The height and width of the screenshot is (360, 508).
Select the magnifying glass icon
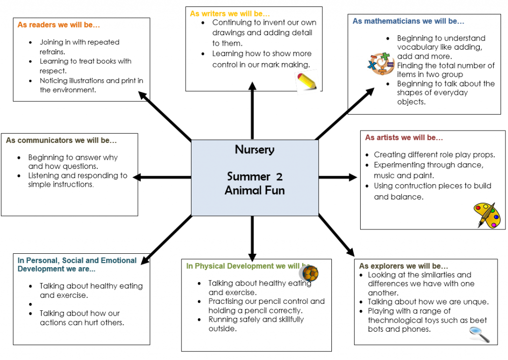point(479,335)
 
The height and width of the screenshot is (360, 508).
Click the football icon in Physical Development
point(309,273)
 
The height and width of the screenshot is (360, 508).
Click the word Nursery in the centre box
point(254,150)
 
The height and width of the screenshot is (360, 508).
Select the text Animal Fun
point(254,190)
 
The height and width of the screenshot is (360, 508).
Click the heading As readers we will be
point(59,24)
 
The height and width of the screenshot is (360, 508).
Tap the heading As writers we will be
point(230,14)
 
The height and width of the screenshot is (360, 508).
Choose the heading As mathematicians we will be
point(408,21)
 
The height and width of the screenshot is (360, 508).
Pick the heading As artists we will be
point(404,138)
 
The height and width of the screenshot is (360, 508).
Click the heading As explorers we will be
point(403,266)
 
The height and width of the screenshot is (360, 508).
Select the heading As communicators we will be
point(61,141)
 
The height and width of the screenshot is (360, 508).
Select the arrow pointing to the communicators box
point(161,177)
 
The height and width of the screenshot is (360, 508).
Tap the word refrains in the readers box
point(53,51)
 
